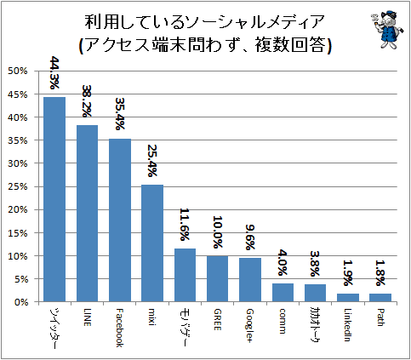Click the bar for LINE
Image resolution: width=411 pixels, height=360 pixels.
tap(87, 214)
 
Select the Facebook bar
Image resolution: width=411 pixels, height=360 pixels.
tap(120, 220)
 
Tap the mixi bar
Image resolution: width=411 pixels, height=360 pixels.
tap(152, 243)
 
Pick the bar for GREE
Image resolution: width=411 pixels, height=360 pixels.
tap(217, 278)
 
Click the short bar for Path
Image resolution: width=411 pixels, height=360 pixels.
tap(380, 298)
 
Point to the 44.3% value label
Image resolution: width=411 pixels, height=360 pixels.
tap(54, 72)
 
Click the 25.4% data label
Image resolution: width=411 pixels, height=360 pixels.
tap(152, 161)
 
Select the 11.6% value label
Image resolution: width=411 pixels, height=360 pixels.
tap(185, 225)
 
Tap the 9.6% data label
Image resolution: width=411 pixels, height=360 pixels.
tap(250, 237)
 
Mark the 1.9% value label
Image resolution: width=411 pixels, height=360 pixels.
tap(348, 273)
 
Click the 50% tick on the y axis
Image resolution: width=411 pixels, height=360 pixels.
tap(18, 71)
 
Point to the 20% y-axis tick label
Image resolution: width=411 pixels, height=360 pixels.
tap(18, 209)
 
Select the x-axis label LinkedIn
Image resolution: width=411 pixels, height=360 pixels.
tap(348, 325)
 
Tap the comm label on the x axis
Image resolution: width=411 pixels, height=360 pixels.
tap(282, 321)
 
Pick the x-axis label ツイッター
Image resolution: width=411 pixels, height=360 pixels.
tap(54, 328)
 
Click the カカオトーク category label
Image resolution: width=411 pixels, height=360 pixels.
tap(315, 325)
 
